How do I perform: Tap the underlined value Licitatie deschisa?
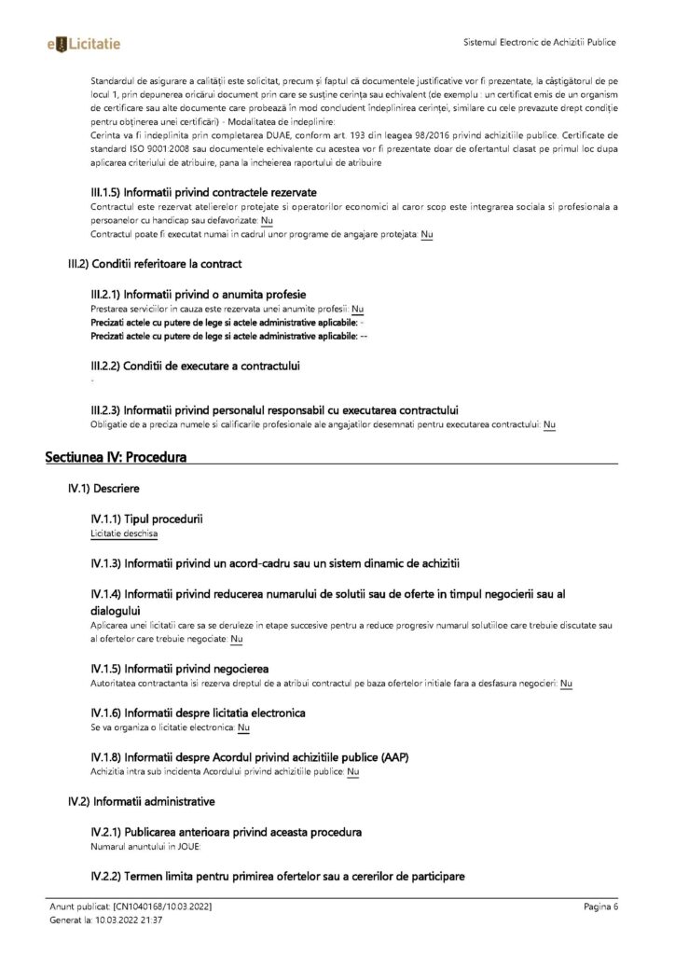[x=124, y=534]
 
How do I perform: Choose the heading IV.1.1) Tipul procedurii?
[x=147, y=518]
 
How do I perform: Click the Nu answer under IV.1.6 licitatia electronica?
[x=243, y=727]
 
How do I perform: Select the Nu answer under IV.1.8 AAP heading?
[x=353, y=772]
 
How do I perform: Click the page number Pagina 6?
[x=601, y=906]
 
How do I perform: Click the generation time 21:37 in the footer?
[x=151, y=920]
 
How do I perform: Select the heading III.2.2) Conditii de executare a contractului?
[x=195, y=366]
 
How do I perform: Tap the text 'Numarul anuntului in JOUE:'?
[x=141, y=847]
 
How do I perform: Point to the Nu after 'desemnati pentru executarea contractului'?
[x=549, y=425]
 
